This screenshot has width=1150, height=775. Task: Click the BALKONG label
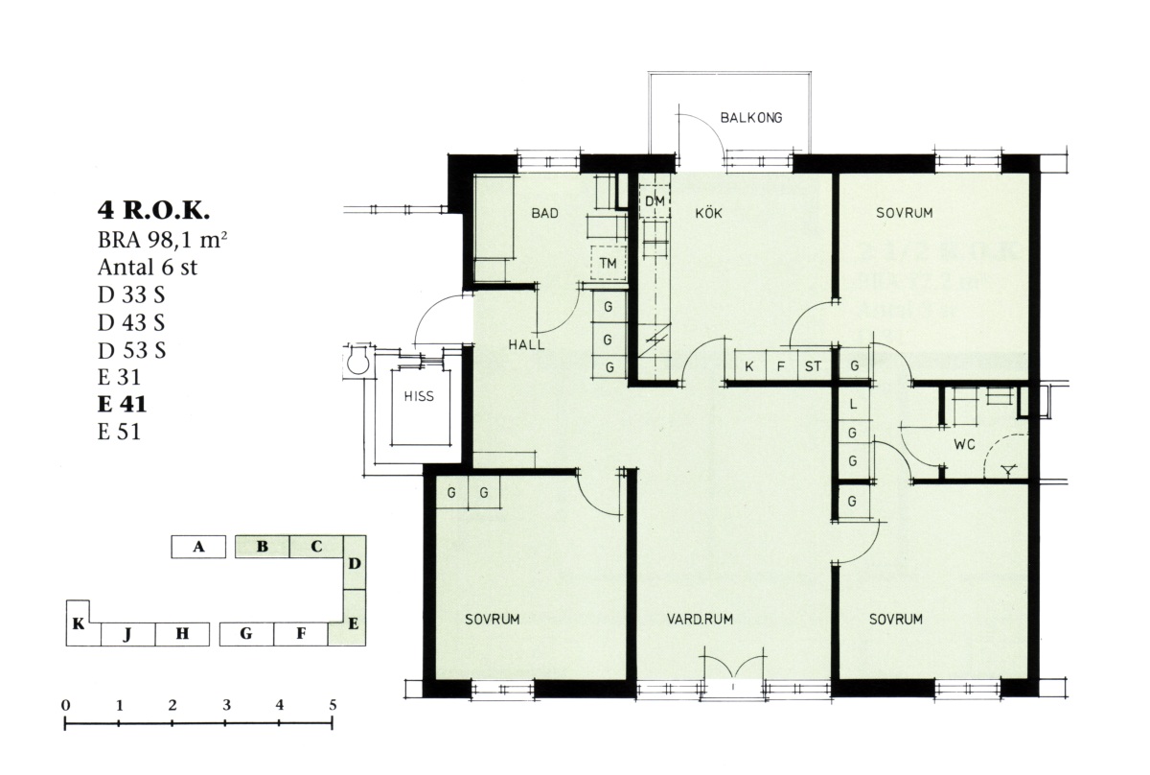[751, 118]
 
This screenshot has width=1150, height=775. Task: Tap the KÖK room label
[708, 212]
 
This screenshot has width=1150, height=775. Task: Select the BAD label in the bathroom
[544, 213]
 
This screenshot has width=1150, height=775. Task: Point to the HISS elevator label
[419, 396]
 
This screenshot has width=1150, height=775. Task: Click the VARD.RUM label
[700, 619]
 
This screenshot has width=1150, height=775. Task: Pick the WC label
[965, 444]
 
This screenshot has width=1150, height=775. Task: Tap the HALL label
[526, 345]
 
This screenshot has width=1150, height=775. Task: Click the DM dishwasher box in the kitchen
[655, 201]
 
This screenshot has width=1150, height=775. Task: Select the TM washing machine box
[608, 263]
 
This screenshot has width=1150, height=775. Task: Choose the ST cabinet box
[814, 365]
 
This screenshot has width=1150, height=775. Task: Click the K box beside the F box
[749, 365]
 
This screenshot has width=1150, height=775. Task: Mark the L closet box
[853, 404]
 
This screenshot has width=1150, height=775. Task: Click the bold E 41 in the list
[123, 404]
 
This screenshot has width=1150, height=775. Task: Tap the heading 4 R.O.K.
[153, 210]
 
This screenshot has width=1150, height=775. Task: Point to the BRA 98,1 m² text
[162, 240]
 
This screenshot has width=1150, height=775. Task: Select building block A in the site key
[198, 547]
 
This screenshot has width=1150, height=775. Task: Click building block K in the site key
[78, 623]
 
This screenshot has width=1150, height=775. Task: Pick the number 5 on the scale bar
[333, 705]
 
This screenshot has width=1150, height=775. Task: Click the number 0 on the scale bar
[66, 705]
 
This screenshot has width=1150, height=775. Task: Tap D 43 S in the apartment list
[131, 322]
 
